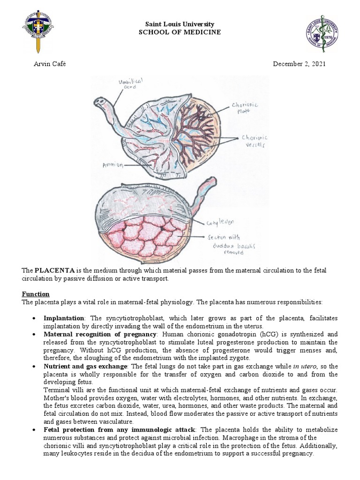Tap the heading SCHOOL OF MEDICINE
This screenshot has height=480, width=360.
[x=180, y=32]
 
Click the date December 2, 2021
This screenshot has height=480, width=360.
[x=299, y=64]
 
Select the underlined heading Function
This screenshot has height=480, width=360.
[x=36, y=294]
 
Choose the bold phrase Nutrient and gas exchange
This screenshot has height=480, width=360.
[x=85, y=366]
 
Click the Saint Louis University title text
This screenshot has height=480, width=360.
[x=180, y=24]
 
